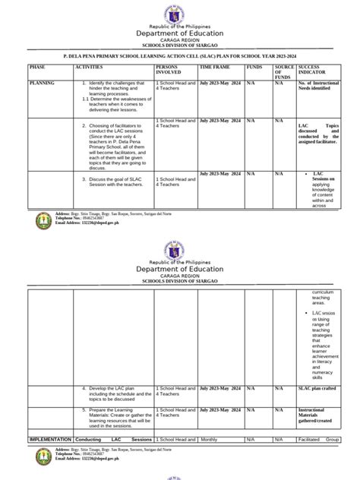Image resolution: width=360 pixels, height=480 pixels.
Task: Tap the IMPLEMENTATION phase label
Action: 50,439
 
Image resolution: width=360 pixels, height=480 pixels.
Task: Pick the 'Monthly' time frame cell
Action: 209,439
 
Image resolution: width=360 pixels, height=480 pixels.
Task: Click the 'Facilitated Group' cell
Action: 317,439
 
